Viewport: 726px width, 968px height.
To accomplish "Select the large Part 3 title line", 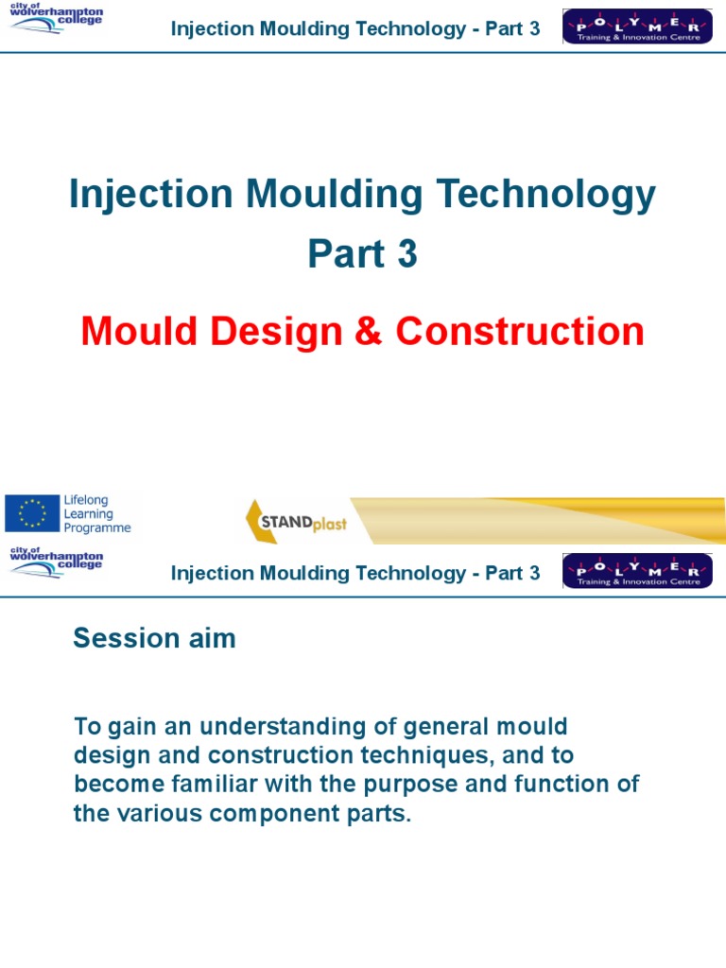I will tap(362, 255).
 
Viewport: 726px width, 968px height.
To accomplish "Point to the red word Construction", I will tap(519, 332).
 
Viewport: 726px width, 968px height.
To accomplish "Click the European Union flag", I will tap(32, 514).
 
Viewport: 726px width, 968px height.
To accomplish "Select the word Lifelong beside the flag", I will tap(86, 501).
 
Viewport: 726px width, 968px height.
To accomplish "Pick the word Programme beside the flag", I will tap(97, 528).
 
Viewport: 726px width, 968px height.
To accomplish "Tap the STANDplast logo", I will tap(297, 522).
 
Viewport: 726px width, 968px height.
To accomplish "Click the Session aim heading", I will tap(154, 640).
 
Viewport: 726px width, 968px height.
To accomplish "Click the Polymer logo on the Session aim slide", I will tap(636, 572).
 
